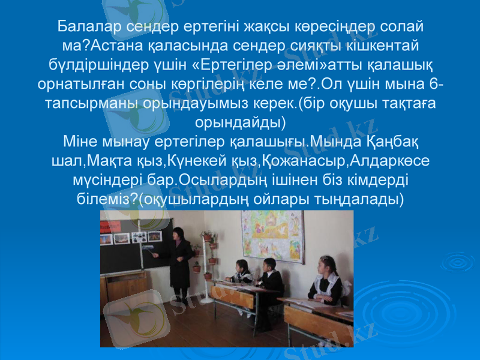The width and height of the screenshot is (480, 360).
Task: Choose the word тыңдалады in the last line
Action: click(x=359, y=197)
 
